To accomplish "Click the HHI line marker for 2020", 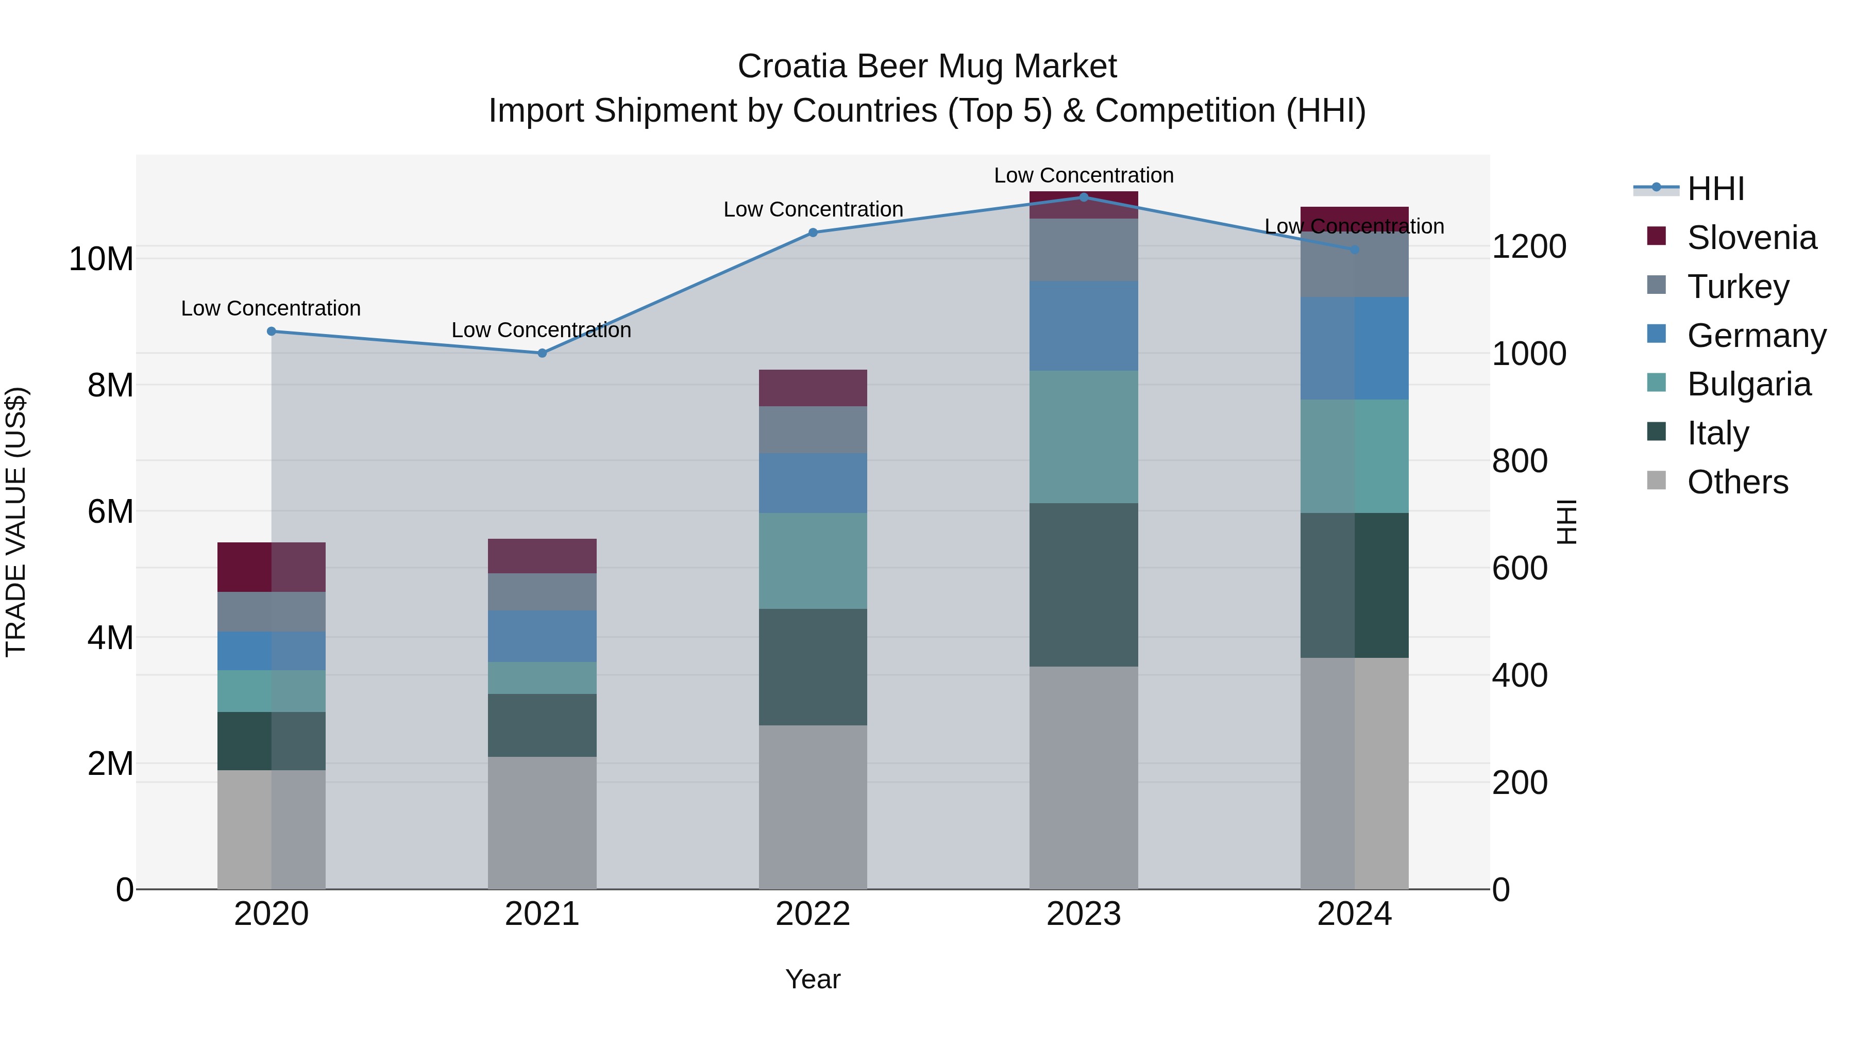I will click(272, 332).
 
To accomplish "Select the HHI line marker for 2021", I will click(542, 353).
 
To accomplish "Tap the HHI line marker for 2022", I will click(813, 233).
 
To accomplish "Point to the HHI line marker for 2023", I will click(1084, 197).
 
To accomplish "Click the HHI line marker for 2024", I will click(1355, 250).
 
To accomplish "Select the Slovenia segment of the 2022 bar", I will click(813, 388).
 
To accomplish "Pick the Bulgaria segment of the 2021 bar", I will click(542, 678).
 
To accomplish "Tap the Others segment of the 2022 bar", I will click(813, 807).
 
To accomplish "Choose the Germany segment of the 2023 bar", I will click(1084, 326).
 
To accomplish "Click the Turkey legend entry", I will click(1737, 287).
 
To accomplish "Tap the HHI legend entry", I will click(1714, 189).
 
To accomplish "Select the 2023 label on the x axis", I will click(1084, 914).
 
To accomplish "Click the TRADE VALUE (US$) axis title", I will click(16, 522).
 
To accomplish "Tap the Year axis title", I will click(813, 979).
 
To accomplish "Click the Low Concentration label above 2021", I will click(541, 330).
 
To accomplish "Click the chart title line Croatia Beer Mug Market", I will click(927, 67).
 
